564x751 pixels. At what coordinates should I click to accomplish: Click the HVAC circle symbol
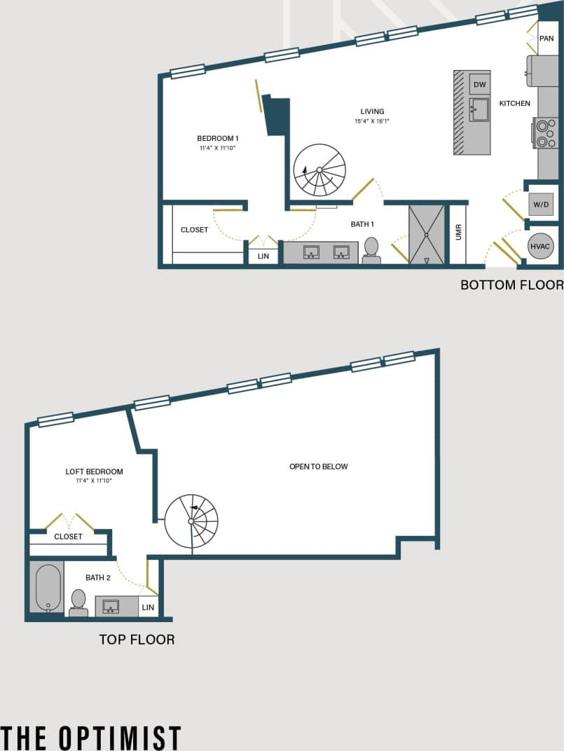point(541,246)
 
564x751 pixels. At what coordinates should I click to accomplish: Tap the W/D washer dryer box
point(541,205)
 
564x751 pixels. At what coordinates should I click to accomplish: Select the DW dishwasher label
point(479,85)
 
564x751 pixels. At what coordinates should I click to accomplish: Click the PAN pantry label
point(546,39)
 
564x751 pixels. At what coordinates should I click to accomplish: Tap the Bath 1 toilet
point(371,249)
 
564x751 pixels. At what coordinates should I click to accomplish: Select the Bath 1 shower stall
point(426,234)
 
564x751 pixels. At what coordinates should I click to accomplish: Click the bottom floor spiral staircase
point(319,170)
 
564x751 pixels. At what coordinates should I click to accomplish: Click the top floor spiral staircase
point(191,521)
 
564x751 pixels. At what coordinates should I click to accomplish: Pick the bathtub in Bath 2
point(48,587)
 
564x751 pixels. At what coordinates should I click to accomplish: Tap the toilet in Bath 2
point(78,602)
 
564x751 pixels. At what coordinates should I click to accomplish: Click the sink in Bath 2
point(111,606)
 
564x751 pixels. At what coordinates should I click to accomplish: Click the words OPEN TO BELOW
point(318,467)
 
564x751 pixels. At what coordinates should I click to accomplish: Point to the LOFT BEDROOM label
point(94,471)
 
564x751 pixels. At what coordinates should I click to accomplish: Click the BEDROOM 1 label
point(217,138)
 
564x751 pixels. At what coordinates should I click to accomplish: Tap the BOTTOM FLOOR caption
point(511,285)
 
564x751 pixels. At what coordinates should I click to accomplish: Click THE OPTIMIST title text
point(91,738)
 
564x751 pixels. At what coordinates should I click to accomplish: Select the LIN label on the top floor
point(148,607)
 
